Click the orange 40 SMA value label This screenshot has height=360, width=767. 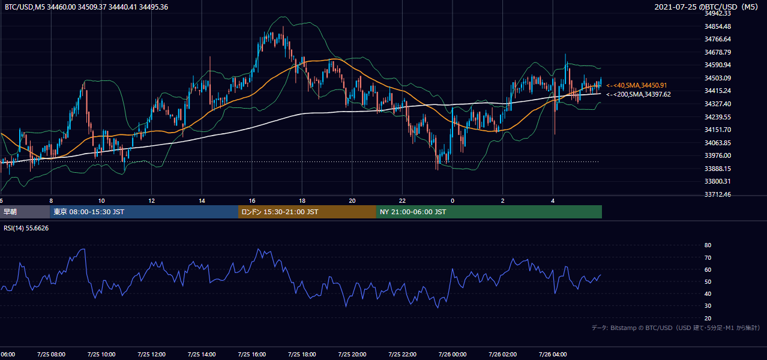637,85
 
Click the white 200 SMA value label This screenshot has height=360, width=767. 638,94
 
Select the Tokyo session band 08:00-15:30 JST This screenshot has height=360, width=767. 144,212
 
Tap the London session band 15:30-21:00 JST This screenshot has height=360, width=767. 307,212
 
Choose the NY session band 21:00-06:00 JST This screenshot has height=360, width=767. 489,212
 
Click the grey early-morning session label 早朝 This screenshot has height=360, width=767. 10,212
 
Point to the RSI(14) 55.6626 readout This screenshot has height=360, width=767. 26,228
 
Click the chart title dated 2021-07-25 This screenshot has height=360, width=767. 706,7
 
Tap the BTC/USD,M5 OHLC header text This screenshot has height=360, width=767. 86,7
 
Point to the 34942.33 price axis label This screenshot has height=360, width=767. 718,13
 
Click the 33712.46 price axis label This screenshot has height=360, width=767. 718,194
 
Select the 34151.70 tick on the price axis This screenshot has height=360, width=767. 718,130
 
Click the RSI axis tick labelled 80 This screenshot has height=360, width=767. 708,245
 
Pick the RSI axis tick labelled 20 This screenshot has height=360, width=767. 708,318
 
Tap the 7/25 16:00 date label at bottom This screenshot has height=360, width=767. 251,355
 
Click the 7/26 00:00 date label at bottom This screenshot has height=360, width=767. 453,355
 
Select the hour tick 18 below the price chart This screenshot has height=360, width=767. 302,201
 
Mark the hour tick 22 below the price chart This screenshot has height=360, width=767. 402,201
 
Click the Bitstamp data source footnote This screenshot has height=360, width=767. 676,328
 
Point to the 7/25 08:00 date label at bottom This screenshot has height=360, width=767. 51,355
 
